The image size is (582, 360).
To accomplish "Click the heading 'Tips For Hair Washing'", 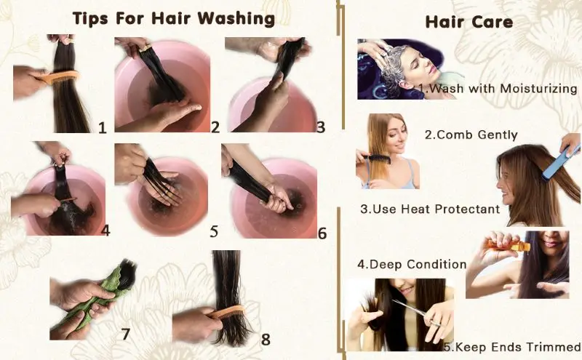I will click(x=173, y=18).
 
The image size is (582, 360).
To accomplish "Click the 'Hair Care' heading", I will click(x=469, y=22).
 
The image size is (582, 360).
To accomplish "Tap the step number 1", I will click(x=102, y=128).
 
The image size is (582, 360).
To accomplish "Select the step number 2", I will click(x=215, y=127).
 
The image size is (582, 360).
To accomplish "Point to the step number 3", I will click(x=320, y=127).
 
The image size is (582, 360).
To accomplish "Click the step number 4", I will click(x=105, y=231).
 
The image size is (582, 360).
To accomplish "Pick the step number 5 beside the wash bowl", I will click(x=214, y=232).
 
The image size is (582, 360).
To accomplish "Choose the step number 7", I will click(x=125, y=334).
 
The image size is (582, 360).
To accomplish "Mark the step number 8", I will click(x=265, y=339).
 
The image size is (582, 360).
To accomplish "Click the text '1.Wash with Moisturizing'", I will click(x=499, y=88).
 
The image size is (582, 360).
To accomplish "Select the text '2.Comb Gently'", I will click(x=471, y=135).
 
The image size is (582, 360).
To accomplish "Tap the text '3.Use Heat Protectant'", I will click(x=430, y=209).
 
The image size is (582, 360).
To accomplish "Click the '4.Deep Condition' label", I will click(x=411, y=263).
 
